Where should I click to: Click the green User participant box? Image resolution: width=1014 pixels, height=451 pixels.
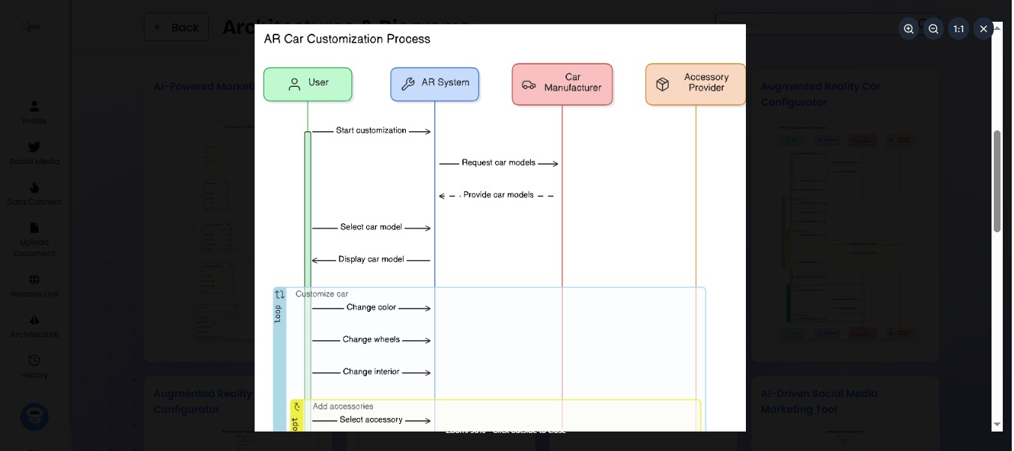[308, 84]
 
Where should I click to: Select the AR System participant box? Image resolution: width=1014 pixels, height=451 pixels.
[434, 84]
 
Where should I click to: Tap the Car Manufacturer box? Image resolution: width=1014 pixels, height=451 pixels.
[562, 83]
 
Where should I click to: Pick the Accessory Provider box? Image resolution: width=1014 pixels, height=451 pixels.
[696, 83]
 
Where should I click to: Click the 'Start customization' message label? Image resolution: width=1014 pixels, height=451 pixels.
[371, 130]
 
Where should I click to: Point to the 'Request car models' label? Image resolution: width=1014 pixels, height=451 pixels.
[498, 163]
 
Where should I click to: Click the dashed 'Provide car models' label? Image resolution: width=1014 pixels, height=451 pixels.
[498, 195]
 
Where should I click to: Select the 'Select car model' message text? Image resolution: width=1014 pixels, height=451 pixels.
[371, 227]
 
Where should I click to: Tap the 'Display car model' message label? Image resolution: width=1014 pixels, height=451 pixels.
[371, 259]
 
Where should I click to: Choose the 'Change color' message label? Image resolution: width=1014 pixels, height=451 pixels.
[371, 307]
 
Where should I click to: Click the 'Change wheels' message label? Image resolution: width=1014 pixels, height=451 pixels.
[371, 339]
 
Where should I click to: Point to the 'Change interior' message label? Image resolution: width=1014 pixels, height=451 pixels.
[371, 372]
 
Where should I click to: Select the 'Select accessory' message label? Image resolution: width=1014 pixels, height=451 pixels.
[371, 420]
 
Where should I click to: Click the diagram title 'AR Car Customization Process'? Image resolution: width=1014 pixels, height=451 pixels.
[347, 39]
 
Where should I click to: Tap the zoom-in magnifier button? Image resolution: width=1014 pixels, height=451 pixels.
[908, 29]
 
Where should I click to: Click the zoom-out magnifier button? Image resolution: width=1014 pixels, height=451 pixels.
[933, 29]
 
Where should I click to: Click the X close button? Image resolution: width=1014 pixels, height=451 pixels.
[983, 29]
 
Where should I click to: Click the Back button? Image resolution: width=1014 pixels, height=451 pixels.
[176, 27]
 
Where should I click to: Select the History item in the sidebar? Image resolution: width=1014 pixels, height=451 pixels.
[34, 366]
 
